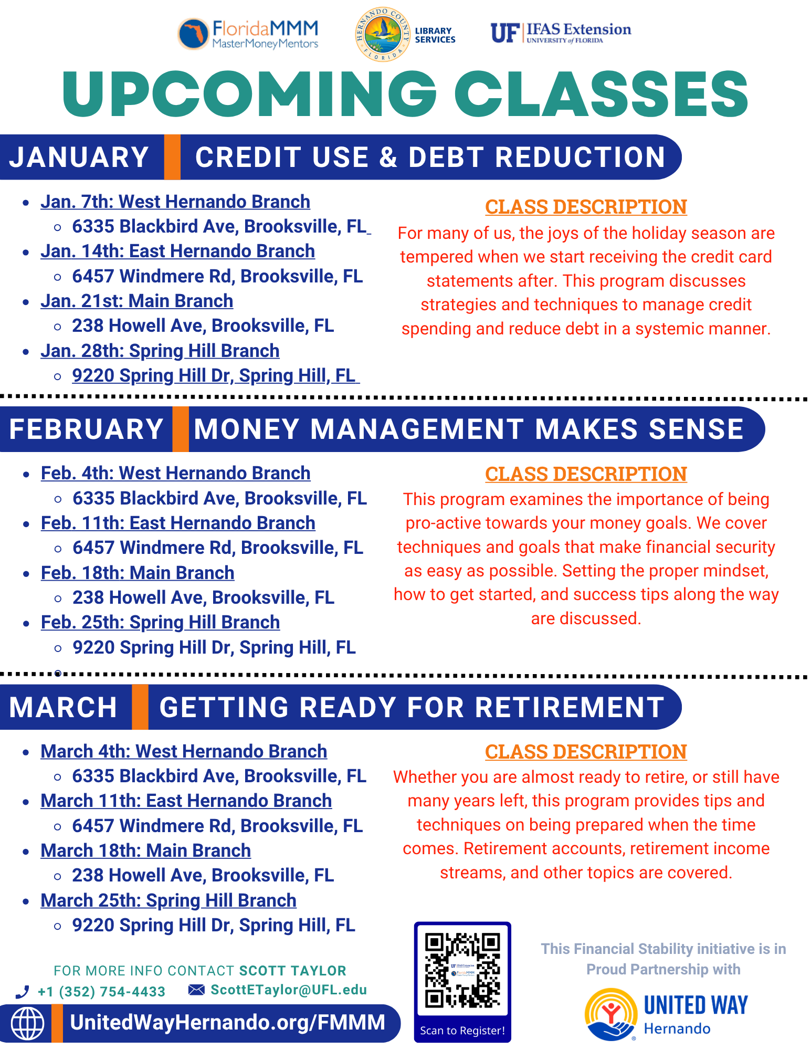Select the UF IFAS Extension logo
(561, 33)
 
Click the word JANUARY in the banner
(79, 157)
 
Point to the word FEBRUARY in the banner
(87, 429)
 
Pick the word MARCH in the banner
(63, 707)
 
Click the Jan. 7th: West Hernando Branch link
(175, 202)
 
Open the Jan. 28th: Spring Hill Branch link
(160, 351)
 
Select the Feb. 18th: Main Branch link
(138, 573)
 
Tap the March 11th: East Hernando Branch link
(186, 801)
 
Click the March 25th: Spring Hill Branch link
(168, 900)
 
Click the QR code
(462, 970)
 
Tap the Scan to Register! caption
(462, 1030)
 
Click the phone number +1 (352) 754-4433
(101, 991)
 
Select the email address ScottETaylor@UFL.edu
(289, 990)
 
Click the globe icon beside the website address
(28, 1023)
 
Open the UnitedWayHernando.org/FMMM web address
(228, 1022)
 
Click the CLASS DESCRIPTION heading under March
(586, 752)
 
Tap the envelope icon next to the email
(196, 990)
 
